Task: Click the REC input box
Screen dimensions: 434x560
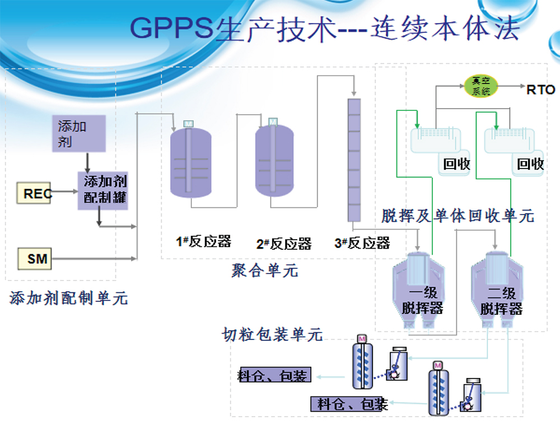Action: coord(34,193)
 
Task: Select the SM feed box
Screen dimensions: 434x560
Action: coord(34,259)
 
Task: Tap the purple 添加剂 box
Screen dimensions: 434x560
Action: coord(79,134)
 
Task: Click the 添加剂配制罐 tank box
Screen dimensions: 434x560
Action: coord(103,190)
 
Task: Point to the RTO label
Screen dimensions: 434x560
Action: coord(540,89)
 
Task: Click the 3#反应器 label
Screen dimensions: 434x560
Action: coord(362,243)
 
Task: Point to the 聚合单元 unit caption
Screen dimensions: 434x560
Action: coord(264,271)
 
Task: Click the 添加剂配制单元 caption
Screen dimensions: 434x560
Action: coord(69,298)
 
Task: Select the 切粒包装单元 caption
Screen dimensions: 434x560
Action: coord(272,335)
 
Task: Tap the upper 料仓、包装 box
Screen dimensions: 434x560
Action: coord(274,376)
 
